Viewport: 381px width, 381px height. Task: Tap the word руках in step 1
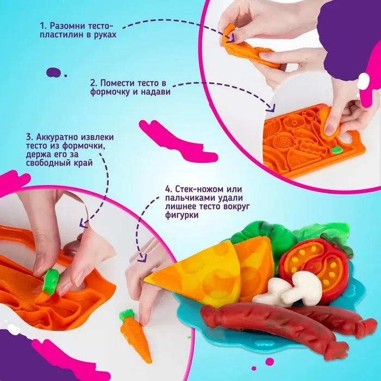click(105, 35)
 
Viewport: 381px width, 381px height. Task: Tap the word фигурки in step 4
click(182, 215)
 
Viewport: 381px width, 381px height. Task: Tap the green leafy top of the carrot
click(127, 315)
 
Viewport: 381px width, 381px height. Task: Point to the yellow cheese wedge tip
click(145, 281)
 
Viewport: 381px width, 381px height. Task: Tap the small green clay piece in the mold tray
click(336, 150)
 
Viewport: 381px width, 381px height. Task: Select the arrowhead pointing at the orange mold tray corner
click(272, 108)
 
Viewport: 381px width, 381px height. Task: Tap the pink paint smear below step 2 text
click(178, 141)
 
